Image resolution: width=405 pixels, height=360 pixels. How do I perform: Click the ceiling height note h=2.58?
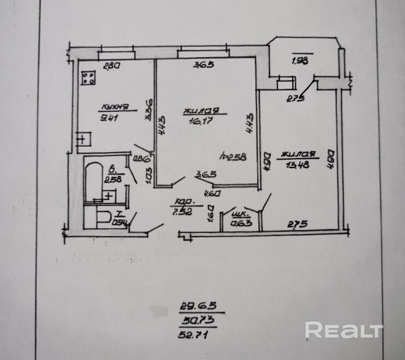232,156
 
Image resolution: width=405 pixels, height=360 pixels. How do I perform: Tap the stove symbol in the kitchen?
88,79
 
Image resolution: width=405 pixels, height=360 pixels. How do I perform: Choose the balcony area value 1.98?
300,61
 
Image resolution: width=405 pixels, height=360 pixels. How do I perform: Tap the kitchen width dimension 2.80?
111,66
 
